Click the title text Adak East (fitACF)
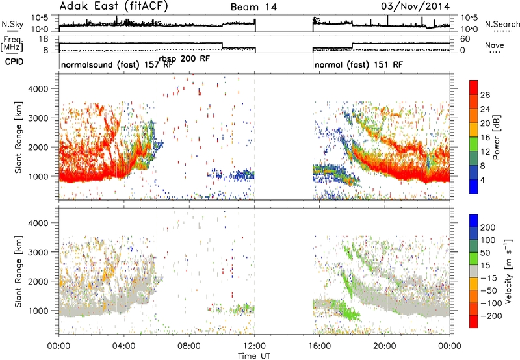coord(114,6)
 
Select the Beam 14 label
coord(253,7)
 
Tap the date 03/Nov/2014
coord(415,6)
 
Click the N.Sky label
coord(12,24)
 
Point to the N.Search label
coord(502,24)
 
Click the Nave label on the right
coord(495,45)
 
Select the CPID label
coord(14,62)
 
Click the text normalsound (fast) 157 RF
coord(117,64)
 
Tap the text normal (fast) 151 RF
coord(359,64)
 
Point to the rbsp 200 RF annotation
coord(185,58)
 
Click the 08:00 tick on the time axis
coord(189,346)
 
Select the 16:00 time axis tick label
coord(319,346)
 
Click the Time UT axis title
coord(254,356)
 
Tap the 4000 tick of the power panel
coord(38,89)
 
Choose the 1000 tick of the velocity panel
coord(38,311)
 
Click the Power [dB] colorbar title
coord(497,137)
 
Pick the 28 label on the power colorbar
coord(485,95)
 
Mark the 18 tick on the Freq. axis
coord(44,39)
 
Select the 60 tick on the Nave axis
coord(465,39)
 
